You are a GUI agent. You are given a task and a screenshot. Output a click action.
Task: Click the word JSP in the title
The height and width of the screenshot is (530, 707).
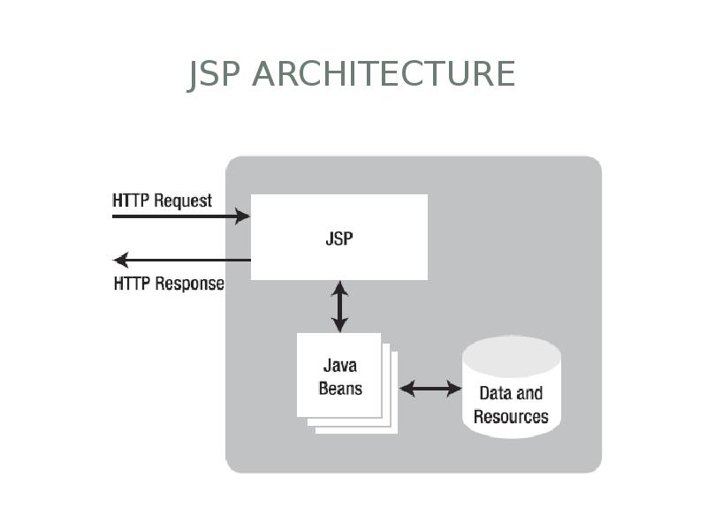click(x=215, y=74)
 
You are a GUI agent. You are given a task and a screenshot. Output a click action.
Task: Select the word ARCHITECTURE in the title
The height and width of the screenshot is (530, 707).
click(x=383, y=74)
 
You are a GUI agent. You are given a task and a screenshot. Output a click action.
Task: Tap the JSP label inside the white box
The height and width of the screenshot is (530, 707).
click(x=339, y=238)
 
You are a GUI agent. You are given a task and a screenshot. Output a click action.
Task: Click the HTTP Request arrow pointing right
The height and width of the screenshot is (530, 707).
click(x=181, y=216)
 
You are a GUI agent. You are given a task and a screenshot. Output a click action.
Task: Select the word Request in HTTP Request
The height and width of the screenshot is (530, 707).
click(x=183, y=201)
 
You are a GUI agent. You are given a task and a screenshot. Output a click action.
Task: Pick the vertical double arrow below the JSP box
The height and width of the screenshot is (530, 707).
click(x=339, y=307)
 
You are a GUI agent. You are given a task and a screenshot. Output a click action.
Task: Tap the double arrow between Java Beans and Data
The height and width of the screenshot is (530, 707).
click(x=430, y=388)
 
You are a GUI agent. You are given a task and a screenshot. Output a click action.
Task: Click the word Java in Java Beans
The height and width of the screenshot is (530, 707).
click(x=340, y=366)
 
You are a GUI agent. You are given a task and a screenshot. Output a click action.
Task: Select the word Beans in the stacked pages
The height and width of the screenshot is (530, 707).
click(x=340, y=388)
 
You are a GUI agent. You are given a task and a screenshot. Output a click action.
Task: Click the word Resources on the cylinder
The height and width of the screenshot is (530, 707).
click(x=511, y=416)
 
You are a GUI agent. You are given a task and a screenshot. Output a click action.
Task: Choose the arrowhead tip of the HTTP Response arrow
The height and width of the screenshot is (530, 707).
click(x=117, y=260)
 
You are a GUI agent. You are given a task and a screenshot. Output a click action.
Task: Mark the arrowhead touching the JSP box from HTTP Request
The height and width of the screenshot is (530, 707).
click(x=245, y=216)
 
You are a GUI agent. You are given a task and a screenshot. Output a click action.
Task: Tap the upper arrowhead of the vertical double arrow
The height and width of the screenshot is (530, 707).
click(x=339, y=287)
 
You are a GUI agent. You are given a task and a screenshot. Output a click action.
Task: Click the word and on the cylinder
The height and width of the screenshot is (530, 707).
click(x=529, y=393)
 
